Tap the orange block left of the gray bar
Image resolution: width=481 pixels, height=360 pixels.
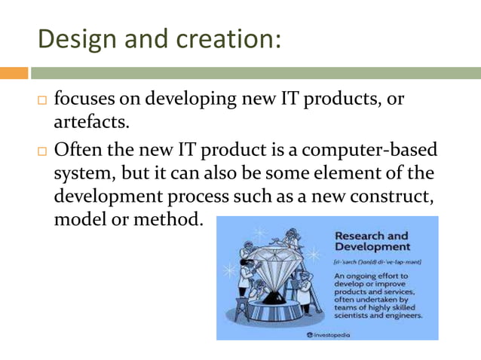click(14, 73)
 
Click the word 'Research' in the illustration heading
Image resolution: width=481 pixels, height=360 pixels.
click(361, 235)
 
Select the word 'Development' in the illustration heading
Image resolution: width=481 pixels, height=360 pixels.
click(372, 246)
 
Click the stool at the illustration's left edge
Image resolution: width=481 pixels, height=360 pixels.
click(233, 309)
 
